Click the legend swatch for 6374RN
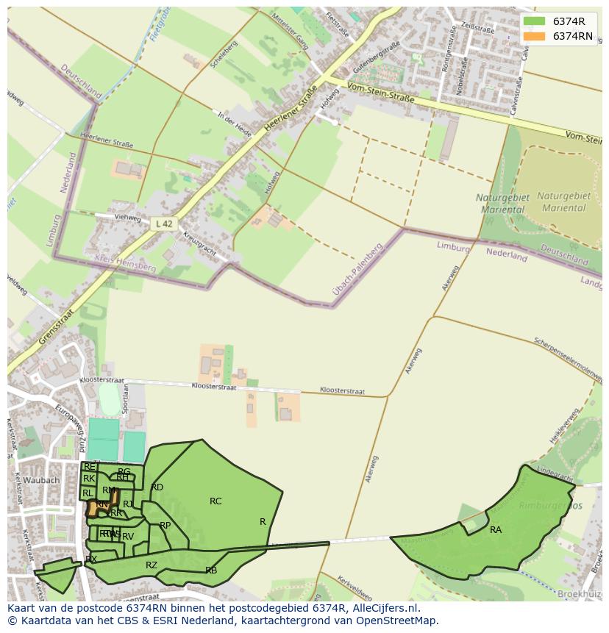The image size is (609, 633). (535, 36)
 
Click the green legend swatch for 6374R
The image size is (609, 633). (535, 21)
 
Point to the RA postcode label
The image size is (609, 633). (496, 529)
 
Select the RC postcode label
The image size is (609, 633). (216, 501)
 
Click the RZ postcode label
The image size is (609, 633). (152, 565)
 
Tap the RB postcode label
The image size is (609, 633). (211, 570)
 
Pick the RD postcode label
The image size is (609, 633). (157, 487)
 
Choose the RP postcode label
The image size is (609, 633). (165, 525)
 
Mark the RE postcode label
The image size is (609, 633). (90, 467)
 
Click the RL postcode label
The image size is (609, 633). (88, 493)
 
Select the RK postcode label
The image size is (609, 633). (89, 479)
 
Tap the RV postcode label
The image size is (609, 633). (128, 537)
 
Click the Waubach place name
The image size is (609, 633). (41, 480)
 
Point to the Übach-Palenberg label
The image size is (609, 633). (359, 271)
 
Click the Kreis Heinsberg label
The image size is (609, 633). (125, 263)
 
